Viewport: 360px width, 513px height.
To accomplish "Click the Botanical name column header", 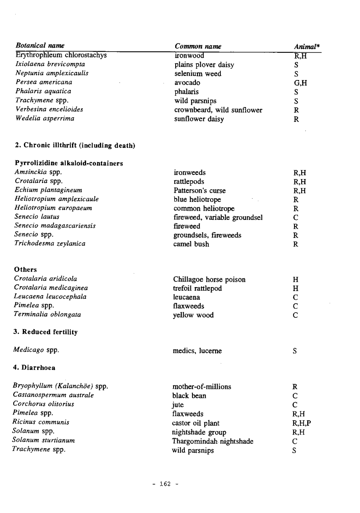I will pyautogui.click(x=40, y=46).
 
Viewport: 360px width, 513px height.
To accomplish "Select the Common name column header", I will pyautogui.click(x=198, y=46).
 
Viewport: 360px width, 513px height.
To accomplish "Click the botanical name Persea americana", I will pyautogui.click(x=44, y=82).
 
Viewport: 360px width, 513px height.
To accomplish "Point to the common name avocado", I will pyautogui.click(x=187, y=83).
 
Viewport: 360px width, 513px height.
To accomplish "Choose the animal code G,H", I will pyautogui.click(x=300, y=83).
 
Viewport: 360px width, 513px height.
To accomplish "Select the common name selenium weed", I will pyautogui.click(x=198, y=74).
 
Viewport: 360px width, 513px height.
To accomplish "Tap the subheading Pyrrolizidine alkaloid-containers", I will pyautogui.click(x=69, y=164).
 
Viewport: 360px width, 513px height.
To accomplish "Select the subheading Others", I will pyautogui.click(x=26, y=270).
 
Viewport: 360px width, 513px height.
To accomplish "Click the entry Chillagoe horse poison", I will pyautogui.click(x=209, y=279).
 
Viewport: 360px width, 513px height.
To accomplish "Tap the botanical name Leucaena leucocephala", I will pyautogui.click(x=50, y=297).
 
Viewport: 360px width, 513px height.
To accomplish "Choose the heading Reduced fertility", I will pyautogui.click(x=46, y=332).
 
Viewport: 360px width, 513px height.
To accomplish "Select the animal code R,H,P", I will pyautogui.click(x=302, y=423).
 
